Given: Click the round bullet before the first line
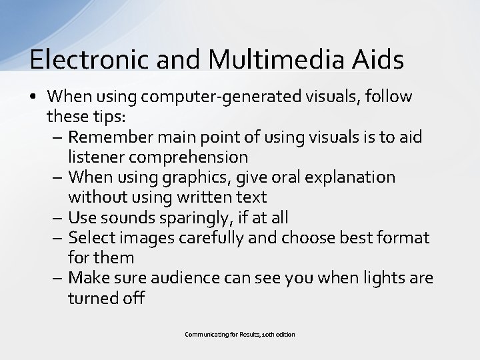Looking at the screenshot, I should (x=33, y=97).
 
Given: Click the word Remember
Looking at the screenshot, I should (x=110, y=137).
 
